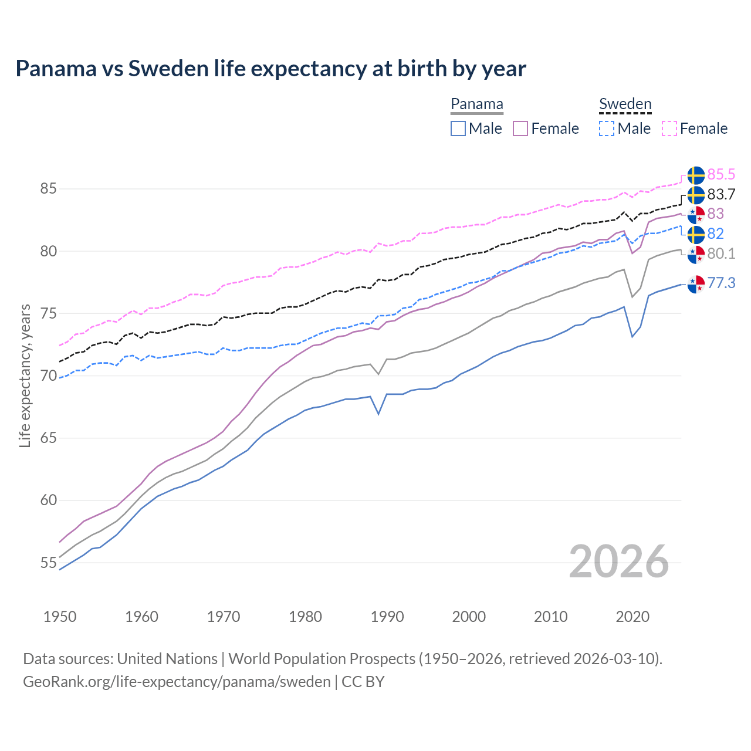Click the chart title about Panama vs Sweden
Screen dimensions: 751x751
(270, 69)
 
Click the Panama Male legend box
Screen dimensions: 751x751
(458, 128)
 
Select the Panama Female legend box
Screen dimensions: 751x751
(520, 128)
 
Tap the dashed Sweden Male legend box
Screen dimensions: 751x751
(607, 128)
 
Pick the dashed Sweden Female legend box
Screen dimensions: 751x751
(669, 128)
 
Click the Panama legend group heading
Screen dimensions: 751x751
(477, 104)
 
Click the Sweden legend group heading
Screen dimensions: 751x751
(625, 104)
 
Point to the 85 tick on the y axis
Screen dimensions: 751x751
(48, 189)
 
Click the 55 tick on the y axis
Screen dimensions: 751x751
(48, 563)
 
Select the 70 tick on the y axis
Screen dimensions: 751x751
(48, 376)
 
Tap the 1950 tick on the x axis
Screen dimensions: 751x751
(60, 617)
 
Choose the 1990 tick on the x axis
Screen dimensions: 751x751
(387, 617)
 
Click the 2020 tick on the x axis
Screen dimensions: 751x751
(632, 617)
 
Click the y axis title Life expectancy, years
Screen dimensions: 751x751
(25, 375)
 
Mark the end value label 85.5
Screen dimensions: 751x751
(721, 174)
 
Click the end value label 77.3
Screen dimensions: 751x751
(721, 283)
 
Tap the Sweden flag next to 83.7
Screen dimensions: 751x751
(696, 195)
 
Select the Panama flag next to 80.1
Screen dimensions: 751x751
(696, 255)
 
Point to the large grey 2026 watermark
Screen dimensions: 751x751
(619, 561)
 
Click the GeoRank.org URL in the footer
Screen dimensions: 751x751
(177, 682)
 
